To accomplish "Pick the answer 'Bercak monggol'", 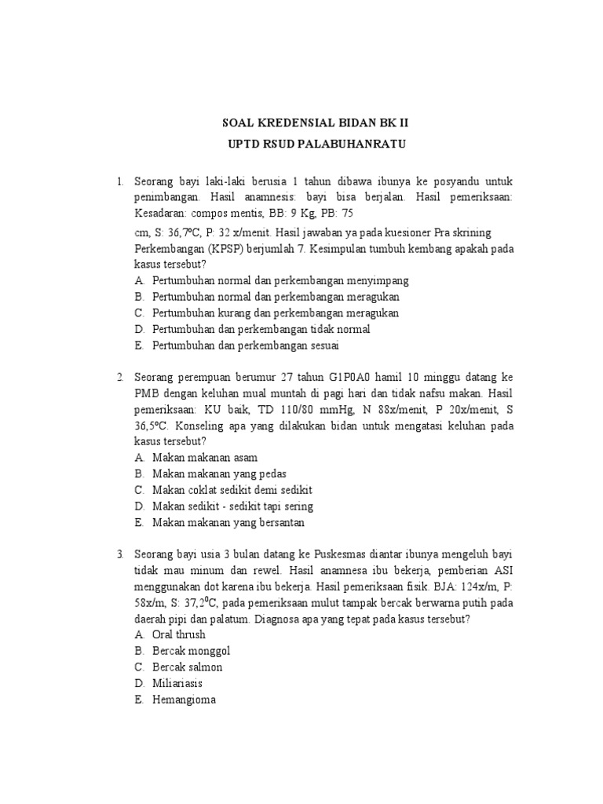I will click(191, 651).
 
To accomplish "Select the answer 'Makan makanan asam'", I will click(205, 457).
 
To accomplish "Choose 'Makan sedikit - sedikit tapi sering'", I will click(233, 506).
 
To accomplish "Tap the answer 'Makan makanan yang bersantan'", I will click(228, 523).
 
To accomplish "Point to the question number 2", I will click(121, 378).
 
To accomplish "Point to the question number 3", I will click(121, 554).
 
